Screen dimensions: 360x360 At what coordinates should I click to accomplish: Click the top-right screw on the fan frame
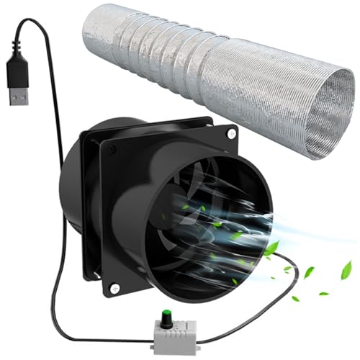click(x=231, y=134)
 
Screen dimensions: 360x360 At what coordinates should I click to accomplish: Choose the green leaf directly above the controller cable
click(x=270, y=248)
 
